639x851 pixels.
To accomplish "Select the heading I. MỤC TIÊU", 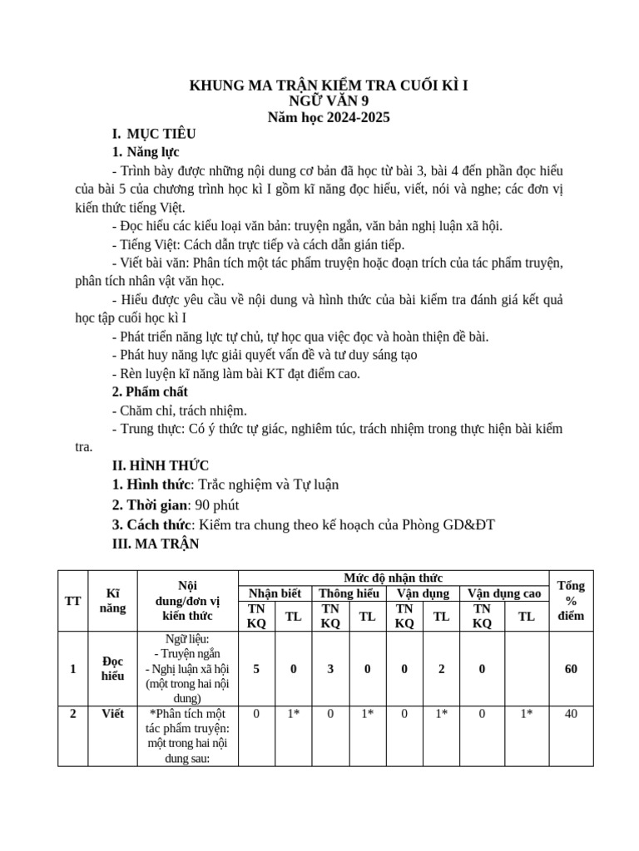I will (154, 134).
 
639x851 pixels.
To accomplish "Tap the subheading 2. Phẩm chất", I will (150, 391).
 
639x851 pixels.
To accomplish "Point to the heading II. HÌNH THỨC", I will (161, 465).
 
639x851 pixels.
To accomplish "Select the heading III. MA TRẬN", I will (156, 544).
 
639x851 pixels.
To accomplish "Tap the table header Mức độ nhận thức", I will (393, 578).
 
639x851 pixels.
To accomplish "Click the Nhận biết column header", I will (274, 593).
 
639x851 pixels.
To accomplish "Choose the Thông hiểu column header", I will (349, 593).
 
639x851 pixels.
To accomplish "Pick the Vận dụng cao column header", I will (504, 593).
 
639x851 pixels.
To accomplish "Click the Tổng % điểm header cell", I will (571, 601).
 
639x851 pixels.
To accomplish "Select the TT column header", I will (72, 601).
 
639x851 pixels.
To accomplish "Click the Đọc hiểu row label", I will (112, 668).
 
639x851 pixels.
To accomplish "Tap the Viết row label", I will (112, 713).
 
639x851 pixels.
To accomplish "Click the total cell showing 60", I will (571, 669).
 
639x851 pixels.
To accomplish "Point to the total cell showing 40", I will (571, 713).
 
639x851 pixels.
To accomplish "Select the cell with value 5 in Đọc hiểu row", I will (255, 669).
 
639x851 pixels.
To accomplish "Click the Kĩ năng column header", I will (112, 601).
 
